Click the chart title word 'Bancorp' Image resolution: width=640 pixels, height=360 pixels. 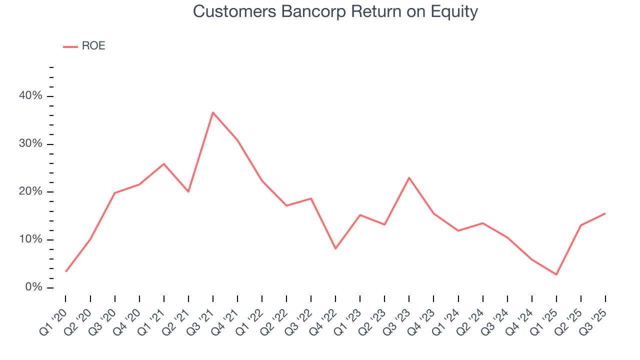(x=313, y=11)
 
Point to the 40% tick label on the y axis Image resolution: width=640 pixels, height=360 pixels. (x=31, y=96)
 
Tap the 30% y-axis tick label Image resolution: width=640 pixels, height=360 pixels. (x=31, y=144)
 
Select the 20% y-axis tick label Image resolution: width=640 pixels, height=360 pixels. (x=31, y=192)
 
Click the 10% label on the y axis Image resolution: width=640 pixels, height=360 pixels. (x=31, y=240)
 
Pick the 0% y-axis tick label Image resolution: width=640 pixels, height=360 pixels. (x=33, y=287)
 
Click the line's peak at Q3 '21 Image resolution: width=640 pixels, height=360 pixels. (x=212, y=112)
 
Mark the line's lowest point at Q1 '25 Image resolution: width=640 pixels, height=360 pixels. (x=556, y=274)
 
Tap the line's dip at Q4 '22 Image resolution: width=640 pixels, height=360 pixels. (x=335, y=248)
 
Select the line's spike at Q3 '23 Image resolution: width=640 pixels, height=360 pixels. (x=409, y=177)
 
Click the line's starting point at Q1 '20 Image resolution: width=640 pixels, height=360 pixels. (x=66, y=271)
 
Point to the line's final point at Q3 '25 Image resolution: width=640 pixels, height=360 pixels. (x=605, y=213)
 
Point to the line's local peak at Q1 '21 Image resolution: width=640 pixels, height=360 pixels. (x=164, y=164)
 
